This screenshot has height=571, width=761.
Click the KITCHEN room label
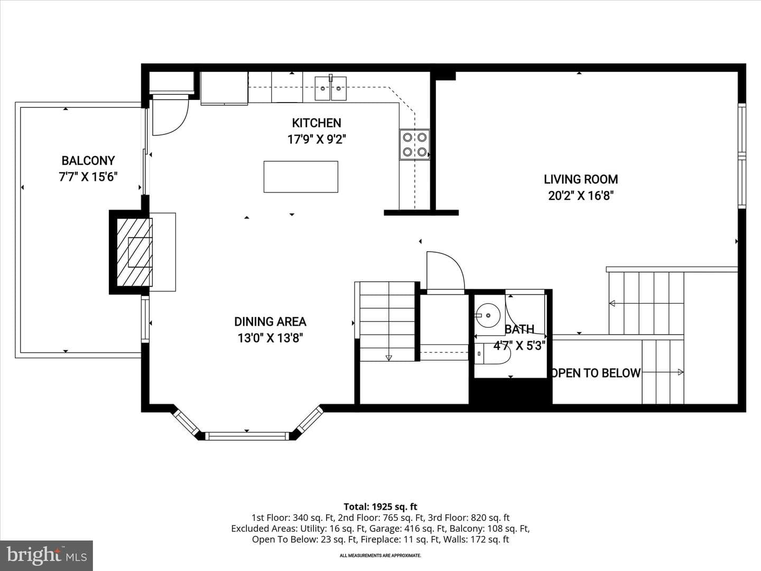tap(317, 123)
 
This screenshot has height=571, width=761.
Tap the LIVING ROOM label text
tap(581, 179)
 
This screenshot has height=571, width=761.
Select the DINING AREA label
tap(271, 322)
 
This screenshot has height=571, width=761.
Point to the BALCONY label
tap(88, 161)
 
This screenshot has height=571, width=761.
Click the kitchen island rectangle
tap(301, 177)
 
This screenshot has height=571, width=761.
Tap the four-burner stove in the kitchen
tap(415, 144)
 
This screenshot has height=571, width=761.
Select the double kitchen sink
tap(330, 88)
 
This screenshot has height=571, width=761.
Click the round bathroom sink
tap(488, 315)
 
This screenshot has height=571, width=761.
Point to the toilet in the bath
tap(493, 354)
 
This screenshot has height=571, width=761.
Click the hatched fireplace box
tap(135, 252)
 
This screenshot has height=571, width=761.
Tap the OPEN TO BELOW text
tap(596, 373)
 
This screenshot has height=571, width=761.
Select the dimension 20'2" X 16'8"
tap(581, 196)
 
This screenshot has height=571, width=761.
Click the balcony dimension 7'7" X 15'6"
tap(88, 177)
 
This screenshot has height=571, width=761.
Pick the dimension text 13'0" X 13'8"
tap(271, 338)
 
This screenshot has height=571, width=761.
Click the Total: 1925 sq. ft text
tap(380, 507)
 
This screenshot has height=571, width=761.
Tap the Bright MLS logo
tap(47, 555)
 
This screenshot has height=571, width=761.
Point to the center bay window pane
tap(247, 436)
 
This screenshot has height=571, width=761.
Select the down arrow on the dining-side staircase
tap(388, 357)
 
